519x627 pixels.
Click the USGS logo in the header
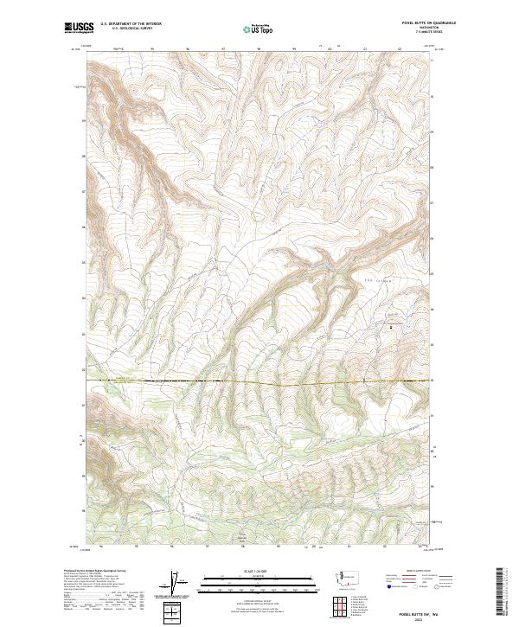point(80,27)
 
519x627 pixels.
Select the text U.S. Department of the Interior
point(131,23)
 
